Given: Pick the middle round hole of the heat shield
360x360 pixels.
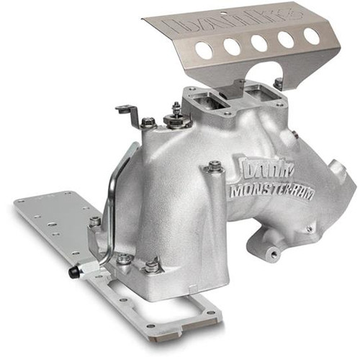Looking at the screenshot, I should click(x=259, y=42).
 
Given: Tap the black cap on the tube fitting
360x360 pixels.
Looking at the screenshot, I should click(x=73, y=272).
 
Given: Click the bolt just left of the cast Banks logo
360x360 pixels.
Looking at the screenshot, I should click(x=214, y=167).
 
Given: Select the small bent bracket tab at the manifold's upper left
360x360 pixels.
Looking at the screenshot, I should click(x=128, y=112).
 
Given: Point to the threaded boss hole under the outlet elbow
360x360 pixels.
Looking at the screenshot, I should click(x=274, y=254).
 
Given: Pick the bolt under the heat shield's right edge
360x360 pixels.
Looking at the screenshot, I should click(x=279, y=84).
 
